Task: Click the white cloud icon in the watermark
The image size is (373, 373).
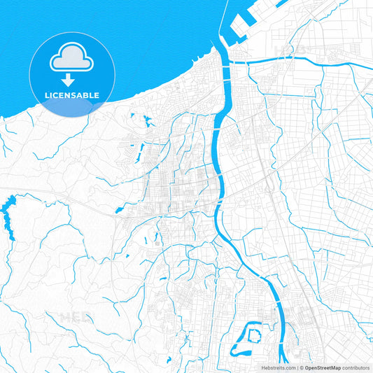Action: click(72, 58)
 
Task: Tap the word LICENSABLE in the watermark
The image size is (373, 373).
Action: click(73, 95)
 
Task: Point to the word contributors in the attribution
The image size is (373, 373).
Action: click(355, 367)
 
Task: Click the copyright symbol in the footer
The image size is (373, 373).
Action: click(301, 367)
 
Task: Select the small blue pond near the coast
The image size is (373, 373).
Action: click(146, 120)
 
